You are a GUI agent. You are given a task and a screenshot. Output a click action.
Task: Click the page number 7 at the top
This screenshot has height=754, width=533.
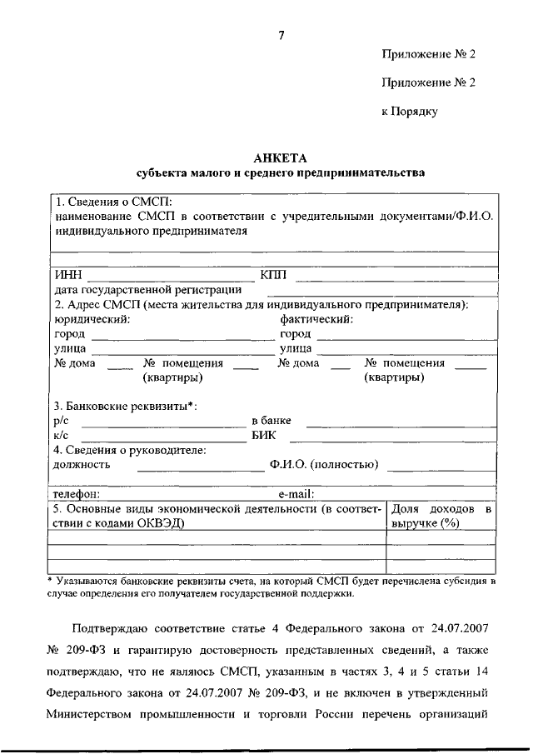[281, 35]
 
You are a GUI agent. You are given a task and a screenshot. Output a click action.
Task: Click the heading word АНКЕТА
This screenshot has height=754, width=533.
[280, 157]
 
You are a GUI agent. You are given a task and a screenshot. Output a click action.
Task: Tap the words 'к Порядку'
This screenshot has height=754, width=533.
[410, 111]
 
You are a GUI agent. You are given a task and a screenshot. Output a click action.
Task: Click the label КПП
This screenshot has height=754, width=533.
[272, 276]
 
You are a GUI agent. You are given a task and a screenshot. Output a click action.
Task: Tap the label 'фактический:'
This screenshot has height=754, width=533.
[317, 319]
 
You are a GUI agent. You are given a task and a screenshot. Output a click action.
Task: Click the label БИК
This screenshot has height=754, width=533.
[263, 435]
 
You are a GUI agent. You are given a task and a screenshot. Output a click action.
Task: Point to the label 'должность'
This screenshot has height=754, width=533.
[82, 464]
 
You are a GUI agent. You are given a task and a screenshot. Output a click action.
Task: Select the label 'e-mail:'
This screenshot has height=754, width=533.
[296, 493]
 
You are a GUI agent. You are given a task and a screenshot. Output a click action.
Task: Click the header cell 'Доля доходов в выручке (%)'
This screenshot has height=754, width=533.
[441, 515]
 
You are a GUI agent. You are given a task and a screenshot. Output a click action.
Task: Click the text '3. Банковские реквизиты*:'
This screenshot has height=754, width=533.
[126, 407]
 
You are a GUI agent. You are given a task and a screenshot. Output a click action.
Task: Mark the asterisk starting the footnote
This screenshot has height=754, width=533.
[50, 578]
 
